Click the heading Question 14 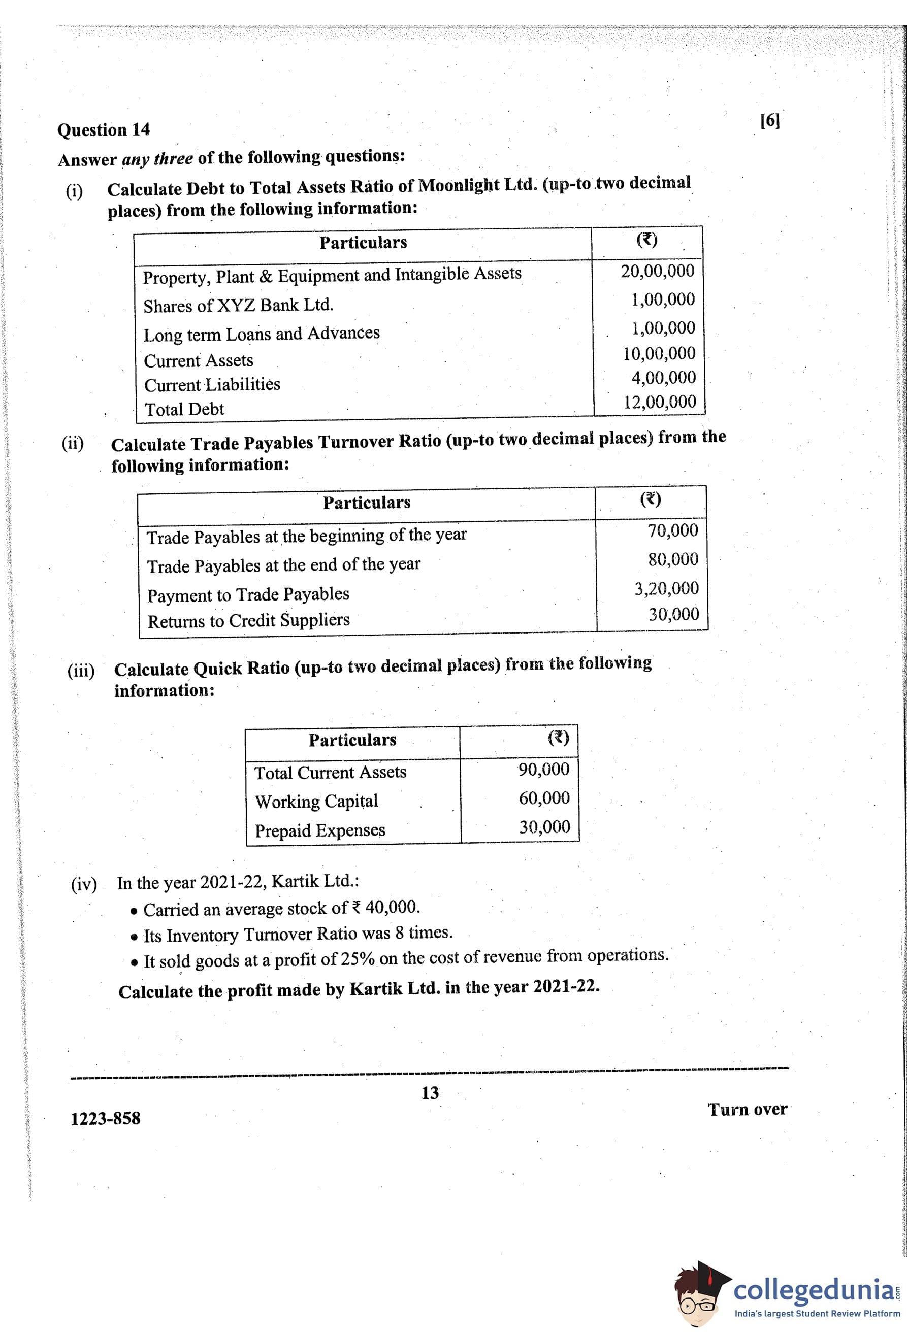pyautogui.click(x=103, y=129)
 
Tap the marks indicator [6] pyautogui.click(x=769, y=120)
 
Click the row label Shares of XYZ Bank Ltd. pyautogui.click(x=238, y=305)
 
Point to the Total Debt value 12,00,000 pyautogui.click(x=660, y=402)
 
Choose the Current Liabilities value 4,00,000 pyautogui.click(x=663, y=378)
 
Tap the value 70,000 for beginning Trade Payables pyautogui.click(x=672, y=530)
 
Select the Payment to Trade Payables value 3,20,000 pyautogui.click(x=666, y=588)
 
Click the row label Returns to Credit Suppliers pyautogui.click(x=248, y=621)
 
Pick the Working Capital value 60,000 pyautogui.click(x=544, y=798)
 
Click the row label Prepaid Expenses pyautogui.click(x=319, y=830)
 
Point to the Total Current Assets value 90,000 pyautogui.click(x=544, y=769)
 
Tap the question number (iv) pyautogui.click(x=84, y=884)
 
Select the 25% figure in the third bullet pyautogui.click(x=358, y=959)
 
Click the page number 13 pyautogui.click(x=430, y=1093)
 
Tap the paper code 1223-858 pyautogui.click(x=105, y=1118)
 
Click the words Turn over pyautogui.click(x=747, y=1109)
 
